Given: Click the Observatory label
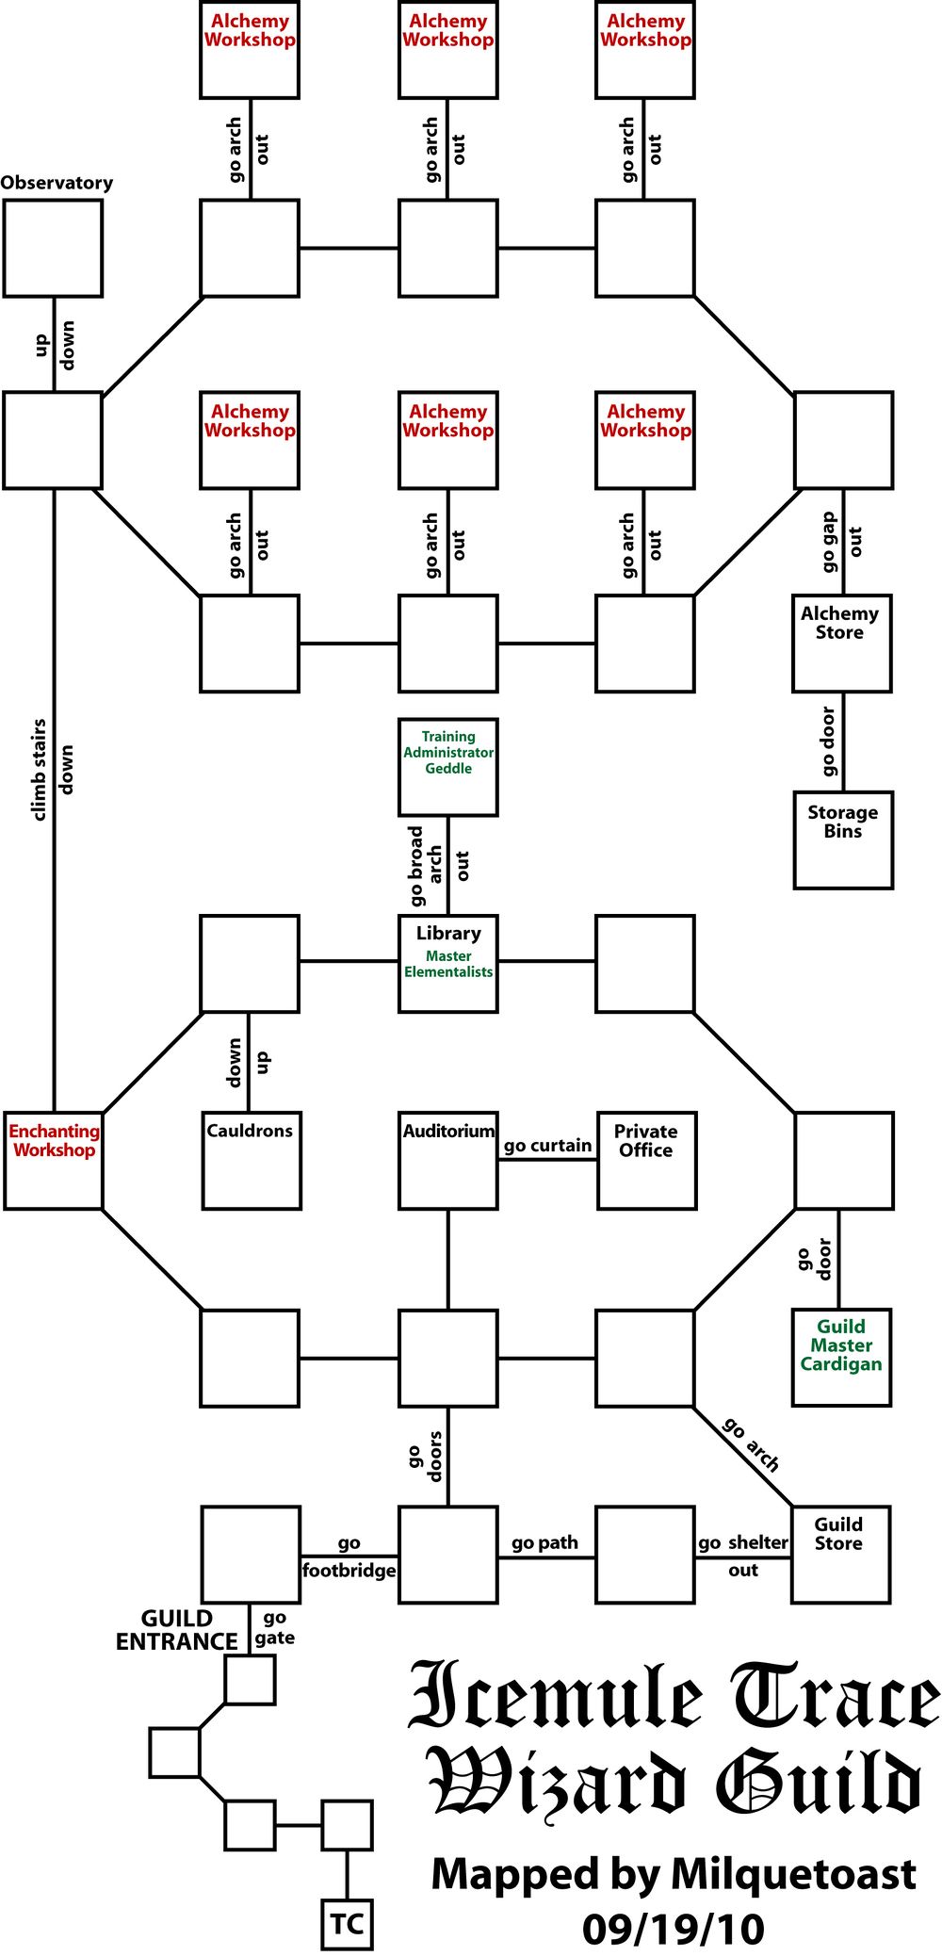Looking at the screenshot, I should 57,183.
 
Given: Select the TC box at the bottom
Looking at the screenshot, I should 347,1924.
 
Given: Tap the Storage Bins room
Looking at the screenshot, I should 843,839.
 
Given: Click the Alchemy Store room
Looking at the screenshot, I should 841,643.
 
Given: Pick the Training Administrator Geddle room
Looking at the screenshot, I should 448,767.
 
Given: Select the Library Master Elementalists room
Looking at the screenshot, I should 448,963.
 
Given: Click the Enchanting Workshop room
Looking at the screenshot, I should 54,1160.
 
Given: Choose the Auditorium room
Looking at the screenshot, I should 448,1160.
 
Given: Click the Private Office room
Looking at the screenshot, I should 646,1160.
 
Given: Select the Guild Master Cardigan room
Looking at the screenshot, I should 841,1357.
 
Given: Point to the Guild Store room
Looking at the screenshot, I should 840,1554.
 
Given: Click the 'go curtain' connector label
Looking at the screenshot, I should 547,1146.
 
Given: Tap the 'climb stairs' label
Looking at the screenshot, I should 39,770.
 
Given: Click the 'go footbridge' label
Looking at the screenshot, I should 349,1557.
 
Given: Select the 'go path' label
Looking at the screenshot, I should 544,1542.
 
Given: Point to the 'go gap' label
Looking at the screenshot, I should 828,542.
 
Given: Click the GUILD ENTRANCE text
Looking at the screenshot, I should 177,1630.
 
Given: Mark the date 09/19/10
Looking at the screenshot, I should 673,1929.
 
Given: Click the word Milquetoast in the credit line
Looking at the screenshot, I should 793,1874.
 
